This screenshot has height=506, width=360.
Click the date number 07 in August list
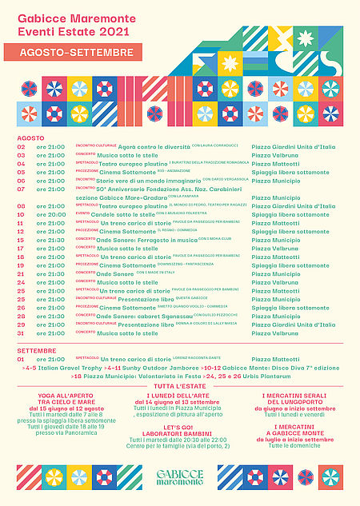pos(21,189)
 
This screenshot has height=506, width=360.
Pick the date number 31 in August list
pos(21,333)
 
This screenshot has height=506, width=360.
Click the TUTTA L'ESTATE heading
pos(181,386)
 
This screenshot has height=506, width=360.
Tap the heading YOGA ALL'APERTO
pos(59,396)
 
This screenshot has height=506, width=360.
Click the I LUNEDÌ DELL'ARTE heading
pos(179,396)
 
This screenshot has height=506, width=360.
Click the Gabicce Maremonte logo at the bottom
pos(179,478)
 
